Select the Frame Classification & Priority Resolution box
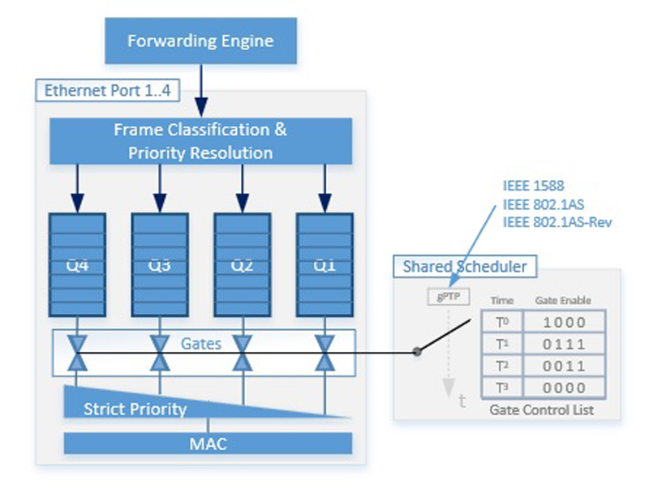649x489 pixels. pyautogui.click(x=200, y=140)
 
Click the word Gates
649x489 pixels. pyautogui.click(x=201, y=343)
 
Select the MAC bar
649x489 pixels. pyautogui.click(x=208, y=443)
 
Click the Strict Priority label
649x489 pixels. pyautogui.click(x=135, y=409)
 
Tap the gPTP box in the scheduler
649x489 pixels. pyautogui.click(x=449, y=297)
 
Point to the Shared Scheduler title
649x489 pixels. pyautogui.click(x=464, y=266)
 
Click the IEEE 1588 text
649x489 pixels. pyautogui.click(x=533, y=186)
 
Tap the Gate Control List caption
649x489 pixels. pyautogui.click(x=541, y=410)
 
